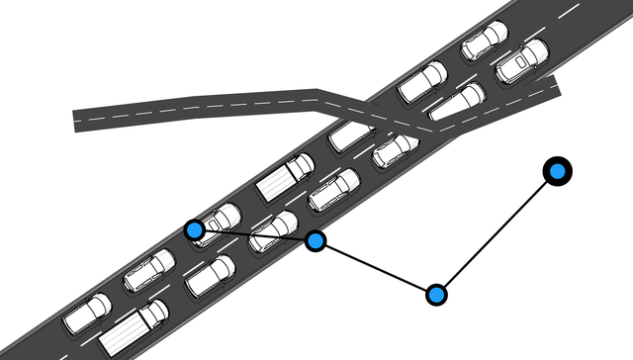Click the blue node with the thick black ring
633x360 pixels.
pos(558,171)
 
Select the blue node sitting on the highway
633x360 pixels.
pos(195,230)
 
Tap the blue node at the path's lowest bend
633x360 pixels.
pos(436,294)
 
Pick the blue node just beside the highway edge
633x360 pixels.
pos(316,240)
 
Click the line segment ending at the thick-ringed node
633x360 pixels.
pos(497,232)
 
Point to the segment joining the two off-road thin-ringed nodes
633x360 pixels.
pos(376,267)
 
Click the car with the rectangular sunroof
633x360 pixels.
pos(520,60)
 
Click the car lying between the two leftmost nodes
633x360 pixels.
pos(274,230)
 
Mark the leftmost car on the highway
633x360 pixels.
pos(87,313)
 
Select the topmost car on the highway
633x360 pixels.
pos(484,41)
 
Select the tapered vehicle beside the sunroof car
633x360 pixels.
pos(458,101)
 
